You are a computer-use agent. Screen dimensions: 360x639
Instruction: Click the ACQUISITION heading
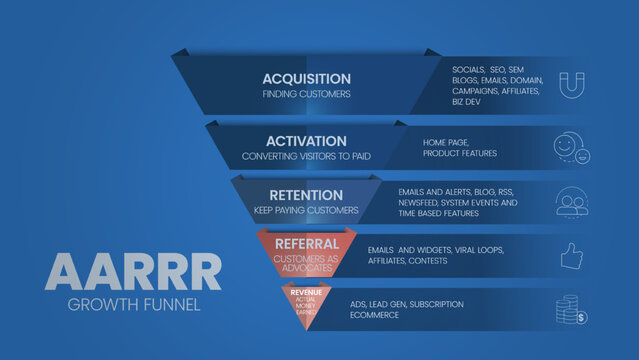(x=306, y=78)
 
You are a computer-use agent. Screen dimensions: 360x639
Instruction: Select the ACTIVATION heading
(x=306, y=141)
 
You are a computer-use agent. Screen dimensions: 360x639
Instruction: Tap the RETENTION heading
(x=306, y=195)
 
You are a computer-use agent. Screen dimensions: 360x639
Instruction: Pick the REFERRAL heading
(x=306, y=243)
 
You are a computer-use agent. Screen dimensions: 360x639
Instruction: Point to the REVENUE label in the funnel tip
(x=306, y=290)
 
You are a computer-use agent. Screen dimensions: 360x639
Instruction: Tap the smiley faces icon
(x=570, y=148)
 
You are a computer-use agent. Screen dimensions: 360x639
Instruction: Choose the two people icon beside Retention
(x=571, y=202)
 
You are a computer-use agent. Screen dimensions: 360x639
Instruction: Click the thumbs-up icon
(x=571, y=257)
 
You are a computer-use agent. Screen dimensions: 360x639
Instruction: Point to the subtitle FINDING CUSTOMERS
(x=306, y=95)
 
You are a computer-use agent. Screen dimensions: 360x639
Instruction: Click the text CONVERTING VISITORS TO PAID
(x=306, y=157)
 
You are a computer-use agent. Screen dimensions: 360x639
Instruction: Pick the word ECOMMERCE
(x=375, y=315)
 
